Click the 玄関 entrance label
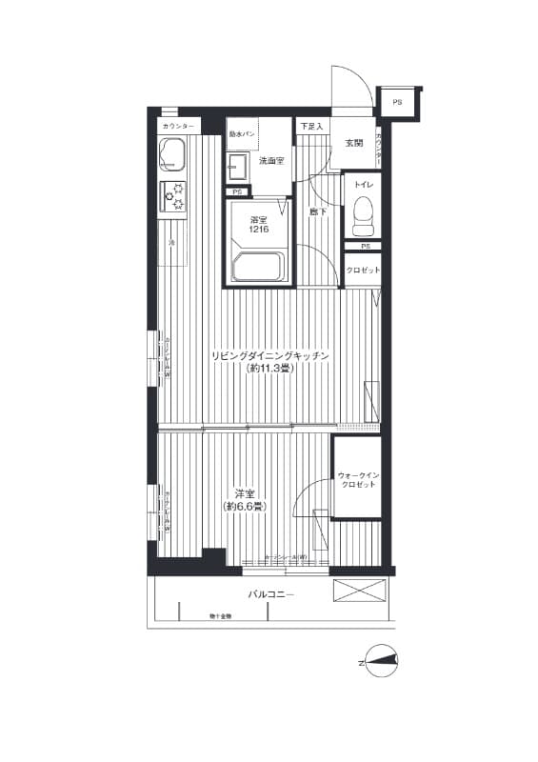pyautogui.click(x=354, y=143)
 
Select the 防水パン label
pyautogui.click(x=243, y=134)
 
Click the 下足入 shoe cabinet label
pyautogui.click(x=311, y=127)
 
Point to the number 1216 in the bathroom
pyautogui.click(x=258, y=230)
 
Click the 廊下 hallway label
pyautogui.click(x=318, y=211)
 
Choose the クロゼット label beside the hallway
pyautogui.click(x=363, y=271)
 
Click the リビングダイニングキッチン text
pyautogui.click(x=269, y=355)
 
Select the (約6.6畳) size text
pyautogui.click(x=246, y=506)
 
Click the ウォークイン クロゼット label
pyautogui.click(x=358, y=479)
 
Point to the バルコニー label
pyautogui.click(x=271, y=594)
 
